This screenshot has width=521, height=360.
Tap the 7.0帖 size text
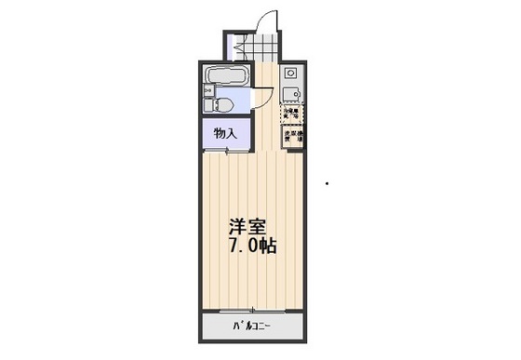pos(251,247)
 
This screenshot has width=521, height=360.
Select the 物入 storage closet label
pos(224,133)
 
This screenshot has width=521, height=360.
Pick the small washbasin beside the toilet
pos(207,90)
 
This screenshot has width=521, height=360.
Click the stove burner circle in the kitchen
pos(290,71)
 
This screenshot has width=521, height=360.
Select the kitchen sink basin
pos(291,92)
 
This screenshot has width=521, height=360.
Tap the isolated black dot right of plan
pos(327,183)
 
